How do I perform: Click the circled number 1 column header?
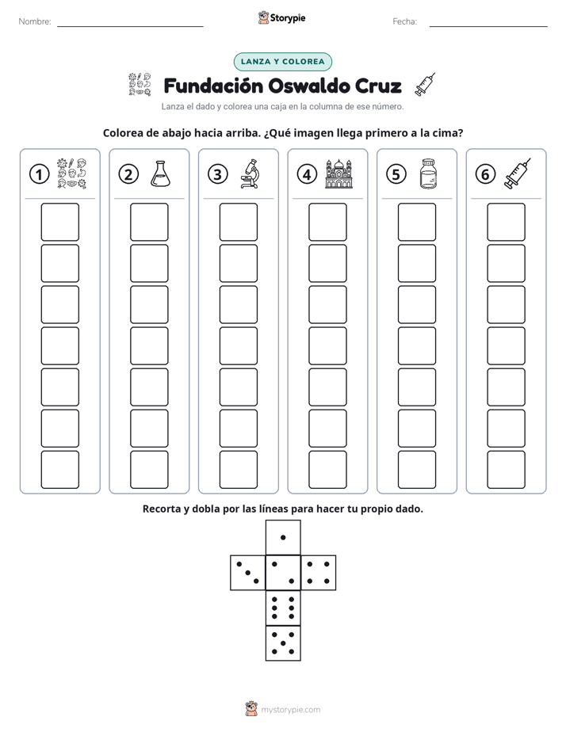point(39,174)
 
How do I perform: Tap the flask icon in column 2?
point(160,174)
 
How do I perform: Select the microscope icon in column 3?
point(250,173)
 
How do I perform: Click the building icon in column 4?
point(338,173)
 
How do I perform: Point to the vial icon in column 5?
point(428,173)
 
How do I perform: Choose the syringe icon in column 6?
point(518,173)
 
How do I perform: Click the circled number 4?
point(307,174)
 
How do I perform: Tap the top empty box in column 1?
point(59,222)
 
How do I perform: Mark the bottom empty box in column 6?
point(506,470)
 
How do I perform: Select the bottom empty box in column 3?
point(238,470)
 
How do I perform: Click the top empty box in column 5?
point(416,222)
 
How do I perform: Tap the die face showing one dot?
point(283,537)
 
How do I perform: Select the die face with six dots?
point(283,608)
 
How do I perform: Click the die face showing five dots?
point(283,643)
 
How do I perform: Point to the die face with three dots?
point(248,573)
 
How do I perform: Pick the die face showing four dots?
point(319,573)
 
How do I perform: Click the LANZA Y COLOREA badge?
point(282,62)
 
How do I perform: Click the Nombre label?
point(35,21)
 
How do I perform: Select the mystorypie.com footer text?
point(290,710)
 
